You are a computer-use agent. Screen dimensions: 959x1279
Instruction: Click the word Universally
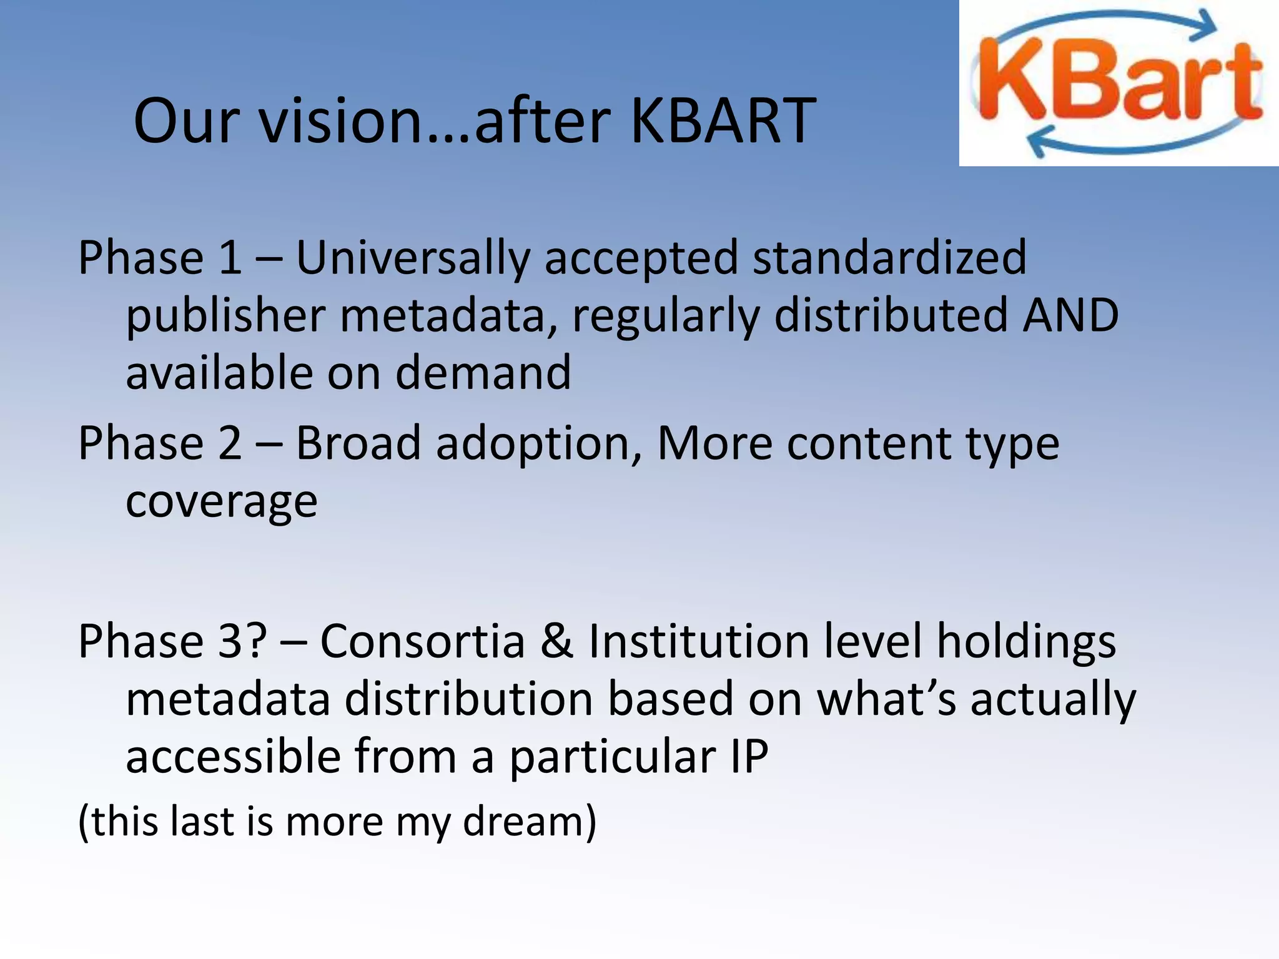pos(413,258)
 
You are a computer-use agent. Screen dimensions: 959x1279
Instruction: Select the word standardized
pos(889,258)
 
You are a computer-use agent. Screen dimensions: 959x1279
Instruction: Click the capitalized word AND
pos(1070,315)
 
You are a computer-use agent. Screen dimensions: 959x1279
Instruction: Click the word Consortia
pos(423,641)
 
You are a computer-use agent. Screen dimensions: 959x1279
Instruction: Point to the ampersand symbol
pos(556,641)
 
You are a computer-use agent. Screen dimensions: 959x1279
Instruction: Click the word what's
pos(887,699)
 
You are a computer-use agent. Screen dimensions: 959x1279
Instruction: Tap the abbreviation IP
pos(749,756)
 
